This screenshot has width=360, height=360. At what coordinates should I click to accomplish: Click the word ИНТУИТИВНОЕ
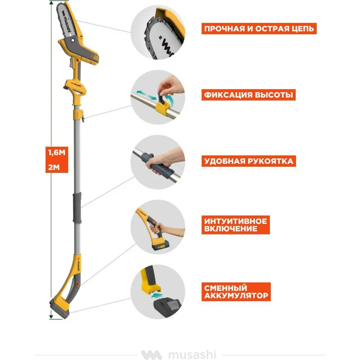coord(235,221)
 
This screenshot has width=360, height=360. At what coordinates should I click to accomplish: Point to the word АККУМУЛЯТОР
coord(236,296)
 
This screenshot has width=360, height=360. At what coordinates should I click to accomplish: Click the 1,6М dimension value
coord(57,152)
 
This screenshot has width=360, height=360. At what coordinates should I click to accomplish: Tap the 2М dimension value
coord(54,167)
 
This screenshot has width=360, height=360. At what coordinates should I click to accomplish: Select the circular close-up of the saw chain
coord(158,33)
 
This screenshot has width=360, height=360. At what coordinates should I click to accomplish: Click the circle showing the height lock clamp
coord(158,97)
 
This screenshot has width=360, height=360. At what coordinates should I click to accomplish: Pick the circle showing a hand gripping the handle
coord(158,162)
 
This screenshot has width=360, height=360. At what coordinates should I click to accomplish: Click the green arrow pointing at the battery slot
coord(157,295)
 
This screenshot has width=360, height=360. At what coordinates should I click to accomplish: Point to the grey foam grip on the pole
coord(77,208)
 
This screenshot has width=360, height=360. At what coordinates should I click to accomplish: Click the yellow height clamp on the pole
coord(78,114)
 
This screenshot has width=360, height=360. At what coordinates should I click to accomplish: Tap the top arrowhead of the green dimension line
coord(51,3)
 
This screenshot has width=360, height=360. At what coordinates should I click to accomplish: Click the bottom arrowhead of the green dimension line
coord(51,317)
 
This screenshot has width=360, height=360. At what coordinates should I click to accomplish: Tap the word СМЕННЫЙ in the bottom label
coord(225,288)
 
